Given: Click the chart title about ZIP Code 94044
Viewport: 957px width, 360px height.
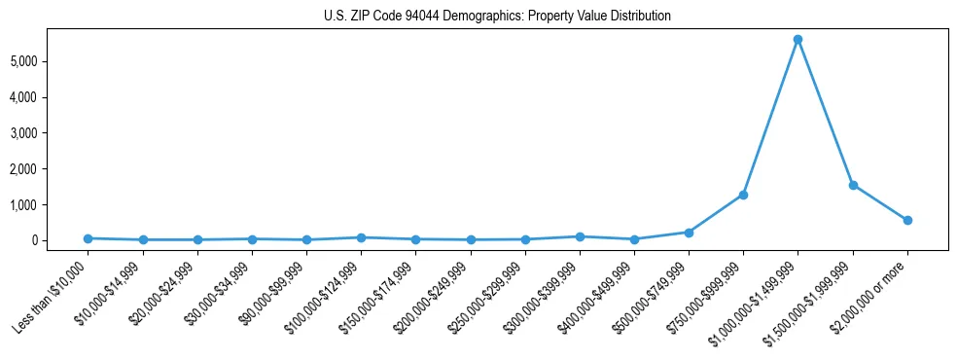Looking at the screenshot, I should [497, 17].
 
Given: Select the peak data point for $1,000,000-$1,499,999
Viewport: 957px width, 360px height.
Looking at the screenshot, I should [797, 40].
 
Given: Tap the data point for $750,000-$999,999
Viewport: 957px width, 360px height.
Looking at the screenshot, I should [743, 195].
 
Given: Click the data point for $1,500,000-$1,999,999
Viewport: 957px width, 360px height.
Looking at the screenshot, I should [853, 185].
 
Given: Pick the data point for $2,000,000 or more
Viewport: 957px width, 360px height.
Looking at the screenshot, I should [907, 220].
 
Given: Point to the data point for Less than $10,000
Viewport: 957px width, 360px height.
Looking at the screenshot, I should [89, 238].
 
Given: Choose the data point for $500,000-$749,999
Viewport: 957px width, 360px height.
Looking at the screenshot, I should [689, 233].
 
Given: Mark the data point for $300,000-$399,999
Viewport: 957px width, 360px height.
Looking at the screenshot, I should [580, 236].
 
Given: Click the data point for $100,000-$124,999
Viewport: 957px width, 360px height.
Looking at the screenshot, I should [361, 237].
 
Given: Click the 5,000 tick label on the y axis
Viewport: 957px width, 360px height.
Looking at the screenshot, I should [49, 61].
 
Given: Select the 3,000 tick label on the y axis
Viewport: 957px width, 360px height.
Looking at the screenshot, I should [49, 133].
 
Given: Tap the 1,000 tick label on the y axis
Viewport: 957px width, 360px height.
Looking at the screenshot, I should [49, 205].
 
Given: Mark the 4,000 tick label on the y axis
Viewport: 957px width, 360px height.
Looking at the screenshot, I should [49, 97].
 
